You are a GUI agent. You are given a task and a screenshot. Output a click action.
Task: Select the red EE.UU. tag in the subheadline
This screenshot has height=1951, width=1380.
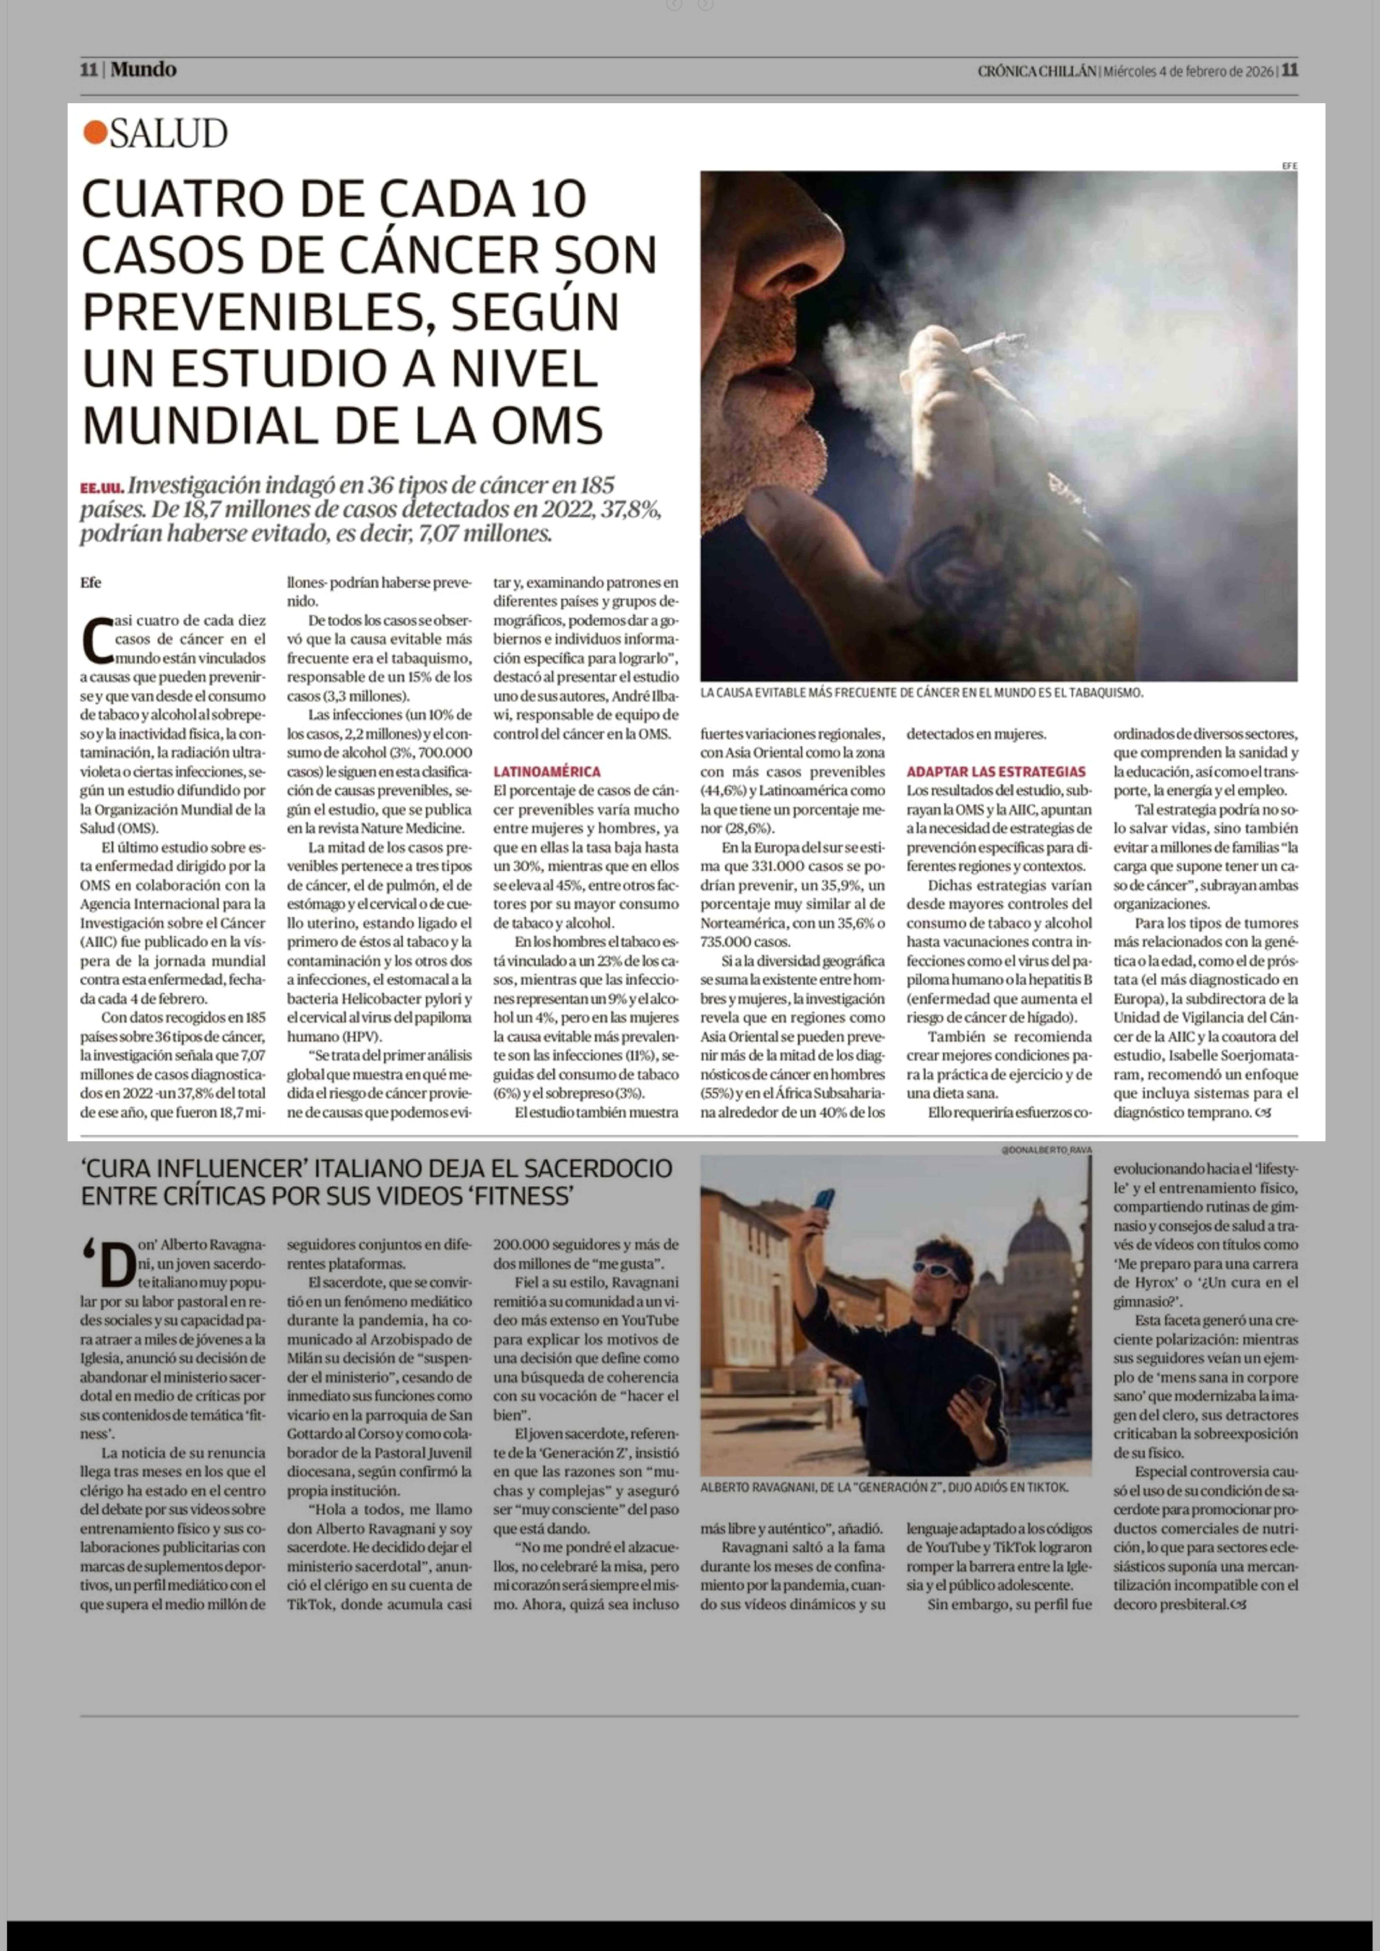(x=102, y=488)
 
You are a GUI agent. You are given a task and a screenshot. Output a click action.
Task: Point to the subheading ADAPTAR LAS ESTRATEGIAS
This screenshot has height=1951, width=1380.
(x=996, y=772)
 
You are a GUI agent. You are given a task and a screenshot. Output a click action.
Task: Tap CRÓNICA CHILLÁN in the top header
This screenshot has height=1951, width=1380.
(x=1037, y=71)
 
